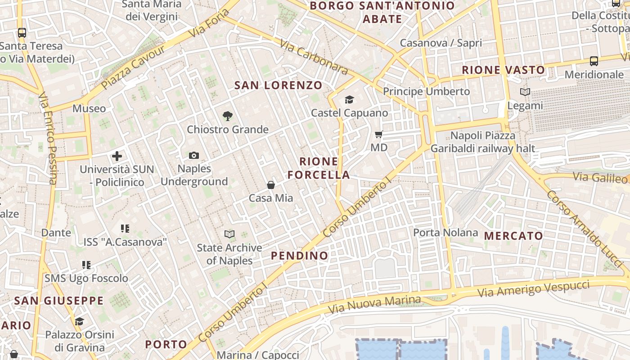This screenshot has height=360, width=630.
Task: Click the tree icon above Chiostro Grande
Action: [228, 116]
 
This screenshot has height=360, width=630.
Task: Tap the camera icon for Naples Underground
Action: [194, 155]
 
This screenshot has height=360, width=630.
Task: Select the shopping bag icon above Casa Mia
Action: [271, 184]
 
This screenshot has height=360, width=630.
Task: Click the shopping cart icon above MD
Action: [378, 134]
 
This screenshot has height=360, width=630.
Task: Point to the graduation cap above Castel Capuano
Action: [349, 99]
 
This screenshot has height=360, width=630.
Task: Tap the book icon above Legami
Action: [525, 92]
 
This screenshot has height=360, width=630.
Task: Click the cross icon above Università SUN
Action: [117, 156]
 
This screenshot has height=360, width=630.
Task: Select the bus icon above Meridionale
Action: [594, 61]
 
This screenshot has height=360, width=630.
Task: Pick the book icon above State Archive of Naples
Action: [229, 234]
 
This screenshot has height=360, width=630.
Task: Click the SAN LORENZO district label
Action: [279, 85]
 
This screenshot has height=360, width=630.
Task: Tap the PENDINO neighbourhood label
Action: [299, 256]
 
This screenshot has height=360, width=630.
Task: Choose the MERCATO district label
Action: [513, 236]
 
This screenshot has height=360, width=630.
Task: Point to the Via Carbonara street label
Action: [314, 57]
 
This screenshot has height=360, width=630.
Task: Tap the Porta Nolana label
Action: [445, 233]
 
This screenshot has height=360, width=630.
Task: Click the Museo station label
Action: [89, 108]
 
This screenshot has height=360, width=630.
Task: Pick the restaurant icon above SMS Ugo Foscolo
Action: [86, 265]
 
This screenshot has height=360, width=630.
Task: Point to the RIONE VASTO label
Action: [504, 70]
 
